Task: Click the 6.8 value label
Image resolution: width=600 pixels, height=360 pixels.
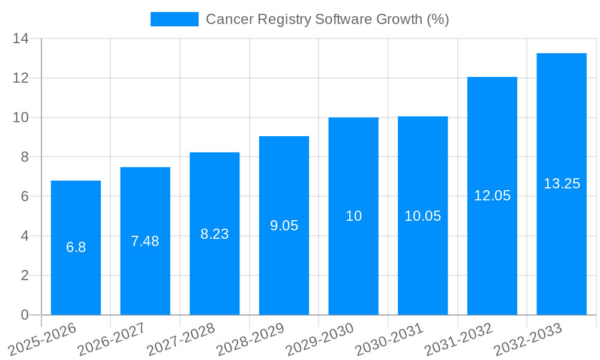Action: coord(76,247)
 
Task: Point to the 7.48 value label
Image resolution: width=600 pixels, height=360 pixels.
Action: coord(145,241)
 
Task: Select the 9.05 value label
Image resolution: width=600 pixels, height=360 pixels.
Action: coord(284,226)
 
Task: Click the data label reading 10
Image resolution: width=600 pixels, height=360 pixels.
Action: coord(353,216)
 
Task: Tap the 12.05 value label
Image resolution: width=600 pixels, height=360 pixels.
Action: coord(492,196)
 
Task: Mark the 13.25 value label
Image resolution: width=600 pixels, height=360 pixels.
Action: coord(562,184)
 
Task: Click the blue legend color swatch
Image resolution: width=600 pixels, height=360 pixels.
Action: coord(174,19)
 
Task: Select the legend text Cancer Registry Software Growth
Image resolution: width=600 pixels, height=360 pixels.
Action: coord(327,19)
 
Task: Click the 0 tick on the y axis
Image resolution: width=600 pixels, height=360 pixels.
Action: coord(25,315)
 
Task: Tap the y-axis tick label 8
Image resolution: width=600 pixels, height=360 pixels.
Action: coord(25,157)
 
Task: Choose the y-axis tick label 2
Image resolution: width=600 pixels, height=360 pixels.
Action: coord(25,275)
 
